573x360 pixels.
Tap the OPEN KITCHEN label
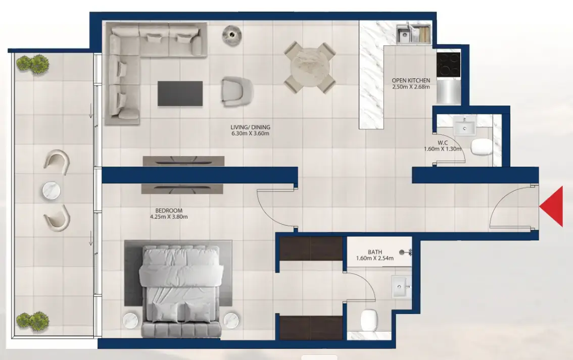(x=411, y=80)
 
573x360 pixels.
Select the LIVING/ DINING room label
(x=250, y=127)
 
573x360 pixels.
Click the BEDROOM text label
(x=169, y=211)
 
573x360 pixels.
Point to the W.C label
(x=443, y=143)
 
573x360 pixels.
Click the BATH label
(x=375, y=252)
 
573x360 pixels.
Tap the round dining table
(x=310, y=67)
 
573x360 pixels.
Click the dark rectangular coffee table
(x=180, y=93)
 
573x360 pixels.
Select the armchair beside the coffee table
(x=237, y=91)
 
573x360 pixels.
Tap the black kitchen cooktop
(x=449, y=65)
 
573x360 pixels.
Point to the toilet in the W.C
(x=481, y=147)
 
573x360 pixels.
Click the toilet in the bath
(x=369, y=320)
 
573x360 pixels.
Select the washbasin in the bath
(x=401, y=287)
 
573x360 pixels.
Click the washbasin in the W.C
(x=465, y=127)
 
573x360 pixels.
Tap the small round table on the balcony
(x=52, y=190)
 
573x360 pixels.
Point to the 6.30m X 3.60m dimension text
(x=250, y=134)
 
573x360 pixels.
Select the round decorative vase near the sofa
(x=232, y=35)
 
